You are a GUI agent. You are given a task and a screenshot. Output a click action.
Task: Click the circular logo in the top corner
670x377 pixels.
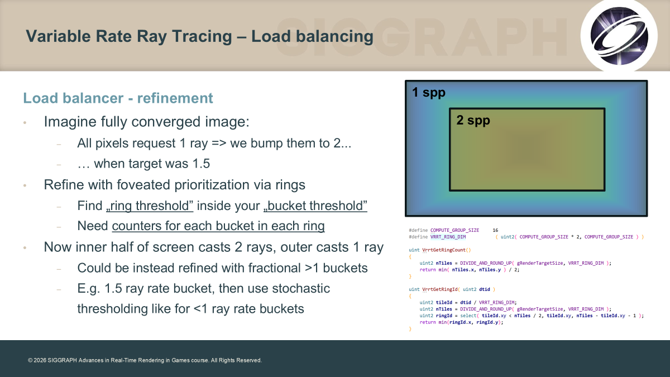tap(619, 36)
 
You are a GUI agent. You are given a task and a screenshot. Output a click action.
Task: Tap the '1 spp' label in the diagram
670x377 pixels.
tap(429, 93)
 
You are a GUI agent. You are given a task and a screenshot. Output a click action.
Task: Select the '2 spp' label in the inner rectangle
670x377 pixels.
tap(473, 120)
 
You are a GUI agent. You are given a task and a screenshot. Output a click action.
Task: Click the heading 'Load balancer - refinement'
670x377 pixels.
tap(118, 98)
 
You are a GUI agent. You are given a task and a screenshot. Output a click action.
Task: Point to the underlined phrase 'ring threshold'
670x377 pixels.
tap(150, 206)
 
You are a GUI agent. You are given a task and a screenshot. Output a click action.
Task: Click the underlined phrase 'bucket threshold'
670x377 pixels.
tap(315, 206)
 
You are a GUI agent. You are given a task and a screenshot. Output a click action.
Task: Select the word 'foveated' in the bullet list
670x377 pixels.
tap(144, 185)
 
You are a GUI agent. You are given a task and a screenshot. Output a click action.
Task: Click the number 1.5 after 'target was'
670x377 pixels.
tap(201, 164)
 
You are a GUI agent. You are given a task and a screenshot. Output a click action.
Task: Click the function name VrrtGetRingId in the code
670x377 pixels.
tap(440, 289)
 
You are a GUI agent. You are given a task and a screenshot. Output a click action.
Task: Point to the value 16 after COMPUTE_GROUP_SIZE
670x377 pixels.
tap(495, 230)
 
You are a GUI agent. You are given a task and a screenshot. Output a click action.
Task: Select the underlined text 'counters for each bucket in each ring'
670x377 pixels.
tap(218, 226)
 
